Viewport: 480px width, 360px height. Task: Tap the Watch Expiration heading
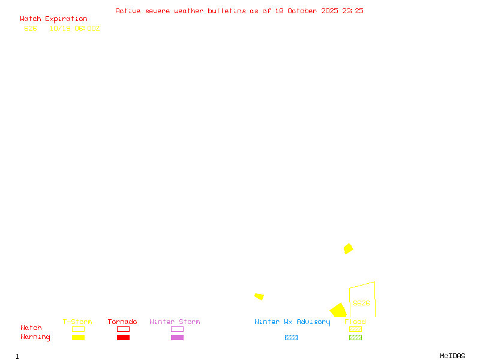(x=53, y=19)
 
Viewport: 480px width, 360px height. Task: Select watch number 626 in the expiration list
(x=30, y=28)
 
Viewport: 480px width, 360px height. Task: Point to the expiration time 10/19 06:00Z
(x=74, y=28)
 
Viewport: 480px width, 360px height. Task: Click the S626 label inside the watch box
(x=361, y=303)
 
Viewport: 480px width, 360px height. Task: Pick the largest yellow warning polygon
(x=338, y=311)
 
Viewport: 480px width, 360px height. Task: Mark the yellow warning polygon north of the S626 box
(x=348, y=248)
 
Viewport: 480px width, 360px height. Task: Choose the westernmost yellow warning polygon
(x=259, y=296)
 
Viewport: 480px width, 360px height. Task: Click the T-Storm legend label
(x=77, y=322)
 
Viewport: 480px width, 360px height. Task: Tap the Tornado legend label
(x=122, y=322)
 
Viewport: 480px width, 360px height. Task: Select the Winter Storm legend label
(x=175, y=322)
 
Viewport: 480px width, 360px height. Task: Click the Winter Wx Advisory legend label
(x=292, y=322)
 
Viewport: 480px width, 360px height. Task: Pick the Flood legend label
(x=355, y=322)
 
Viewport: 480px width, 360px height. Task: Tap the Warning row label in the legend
(x=35, y=337)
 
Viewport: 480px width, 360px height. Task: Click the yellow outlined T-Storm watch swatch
(x=78, y=329)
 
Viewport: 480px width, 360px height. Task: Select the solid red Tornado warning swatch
(x=123, y=337)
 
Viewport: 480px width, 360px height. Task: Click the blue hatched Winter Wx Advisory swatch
(x=291, y=337)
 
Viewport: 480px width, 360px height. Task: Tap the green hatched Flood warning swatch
(x=355, y=337)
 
